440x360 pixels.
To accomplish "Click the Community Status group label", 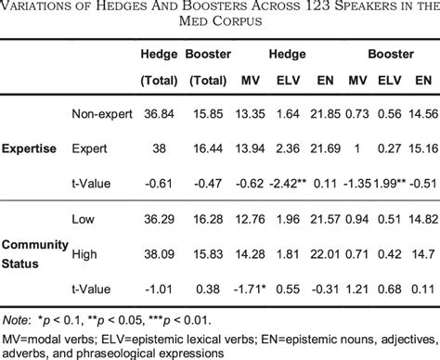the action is [x=34, y=251].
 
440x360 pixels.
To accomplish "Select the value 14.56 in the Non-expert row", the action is [x=421, y=113].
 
